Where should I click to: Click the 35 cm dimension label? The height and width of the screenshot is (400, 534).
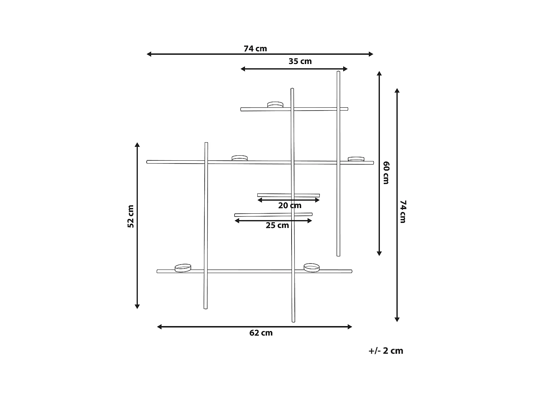(300, 62)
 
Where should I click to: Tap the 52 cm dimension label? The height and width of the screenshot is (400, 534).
(131, 217)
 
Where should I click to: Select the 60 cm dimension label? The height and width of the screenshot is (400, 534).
(386, 173)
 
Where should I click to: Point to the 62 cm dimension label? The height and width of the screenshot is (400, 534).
(261, 333)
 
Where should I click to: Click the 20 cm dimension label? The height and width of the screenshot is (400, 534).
(290, 206)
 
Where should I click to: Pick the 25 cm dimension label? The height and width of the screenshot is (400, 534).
(277, 225)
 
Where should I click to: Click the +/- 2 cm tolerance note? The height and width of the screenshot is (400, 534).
(386, 351)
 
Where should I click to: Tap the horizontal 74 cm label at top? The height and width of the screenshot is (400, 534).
(255, 49)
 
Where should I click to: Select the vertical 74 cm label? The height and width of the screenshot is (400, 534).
(403, 212)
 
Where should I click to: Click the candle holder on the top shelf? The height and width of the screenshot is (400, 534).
(275, 105)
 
